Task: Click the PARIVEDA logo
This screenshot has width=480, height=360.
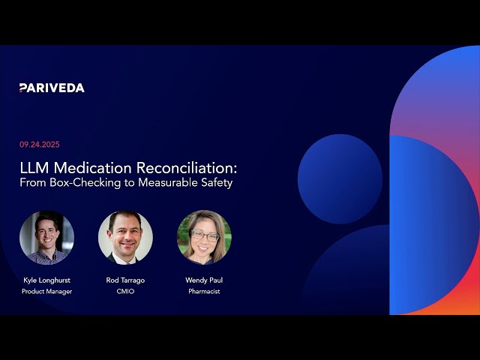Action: pos(52,88)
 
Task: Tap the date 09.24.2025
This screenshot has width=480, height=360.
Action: pos(40,145)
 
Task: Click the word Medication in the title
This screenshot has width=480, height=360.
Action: pos(93,168)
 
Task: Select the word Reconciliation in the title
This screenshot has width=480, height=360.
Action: pos(187,168)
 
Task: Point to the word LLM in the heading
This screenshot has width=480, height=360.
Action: pos(34,168)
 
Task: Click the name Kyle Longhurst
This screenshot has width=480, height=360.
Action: pos(46,280)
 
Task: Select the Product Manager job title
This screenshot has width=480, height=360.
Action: pos(46,292)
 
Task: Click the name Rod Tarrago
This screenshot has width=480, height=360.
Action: pos(125,280)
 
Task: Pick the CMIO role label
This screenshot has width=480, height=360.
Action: pos(125,292)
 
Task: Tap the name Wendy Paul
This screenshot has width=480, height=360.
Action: pos(204,280)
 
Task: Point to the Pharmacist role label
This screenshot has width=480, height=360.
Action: pos(204,292)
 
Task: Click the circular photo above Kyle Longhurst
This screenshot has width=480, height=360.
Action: pos(46,238)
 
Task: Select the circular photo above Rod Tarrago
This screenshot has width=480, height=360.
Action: pos(125,238)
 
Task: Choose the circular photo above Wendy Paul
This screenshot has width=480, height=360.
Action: pos(204,238)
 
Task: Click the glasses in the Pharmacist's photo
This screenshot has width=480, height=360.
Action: pos(205,235)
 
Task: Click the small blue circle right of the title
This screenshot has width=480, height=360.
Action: pos(340,179)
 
